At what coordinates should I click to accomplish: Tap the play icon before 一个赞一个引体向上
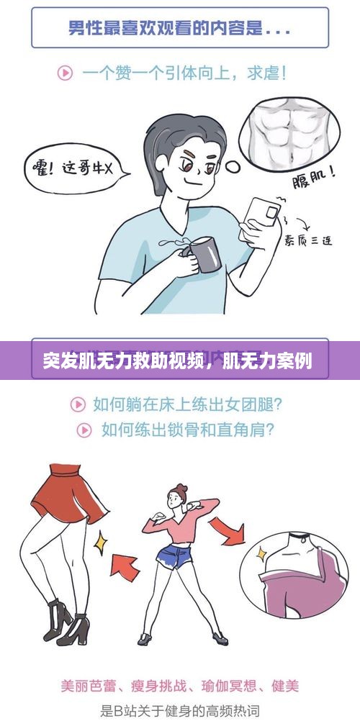65,73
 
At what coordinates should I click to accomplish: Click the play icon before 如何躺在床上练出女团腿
77,404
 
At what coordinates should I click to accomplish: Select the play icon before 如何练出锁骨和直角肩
85,430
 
